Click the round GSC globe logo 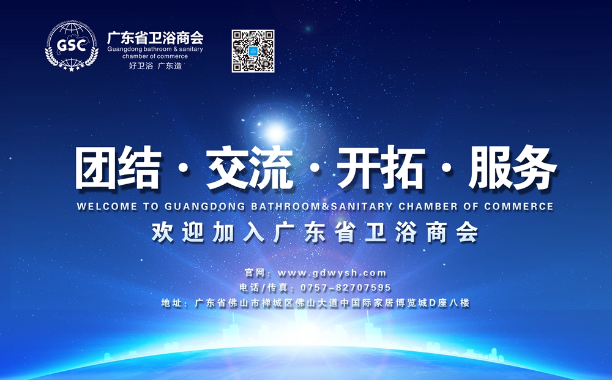point(72,47)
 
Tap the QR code point(253,51)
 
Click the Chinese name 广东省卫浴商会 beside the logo point(155,38)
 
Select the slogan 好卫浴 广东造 point(155,65)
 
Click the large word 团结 point(119,168)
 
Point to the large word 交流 point(250,168)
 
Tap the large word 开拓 point(381,168)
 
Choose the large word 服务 point(513,168)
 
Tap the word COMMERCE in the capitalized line point(519,206)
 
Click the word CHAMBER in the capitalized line point(428,206)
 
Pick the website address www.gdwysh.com point(332,273)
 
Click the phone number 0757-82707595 point(346,288)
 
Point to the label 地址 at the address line point(172,303)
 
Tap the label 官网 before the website point(255,273)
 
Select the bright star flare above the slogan point(275,133)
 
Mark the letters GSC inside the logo point(72,45)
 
